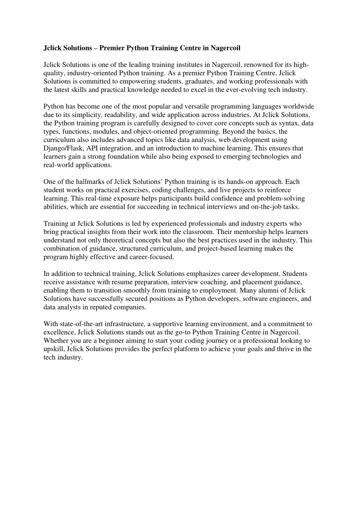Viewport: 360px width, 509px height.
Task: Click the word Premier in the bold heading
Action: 114,49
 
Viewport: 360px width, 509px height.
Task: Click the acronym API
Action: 95,148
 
